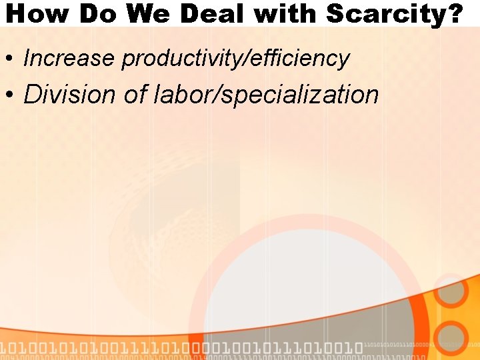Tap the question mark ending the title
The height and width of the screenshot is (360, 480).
click(453, 14)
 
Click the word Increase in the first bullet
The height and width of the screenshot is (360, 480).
click(69, 59)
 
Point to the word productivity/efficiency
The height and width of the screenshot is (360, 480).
click(235, 59)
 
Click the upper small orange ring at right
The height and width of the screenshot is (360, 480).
click(452, 291)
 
